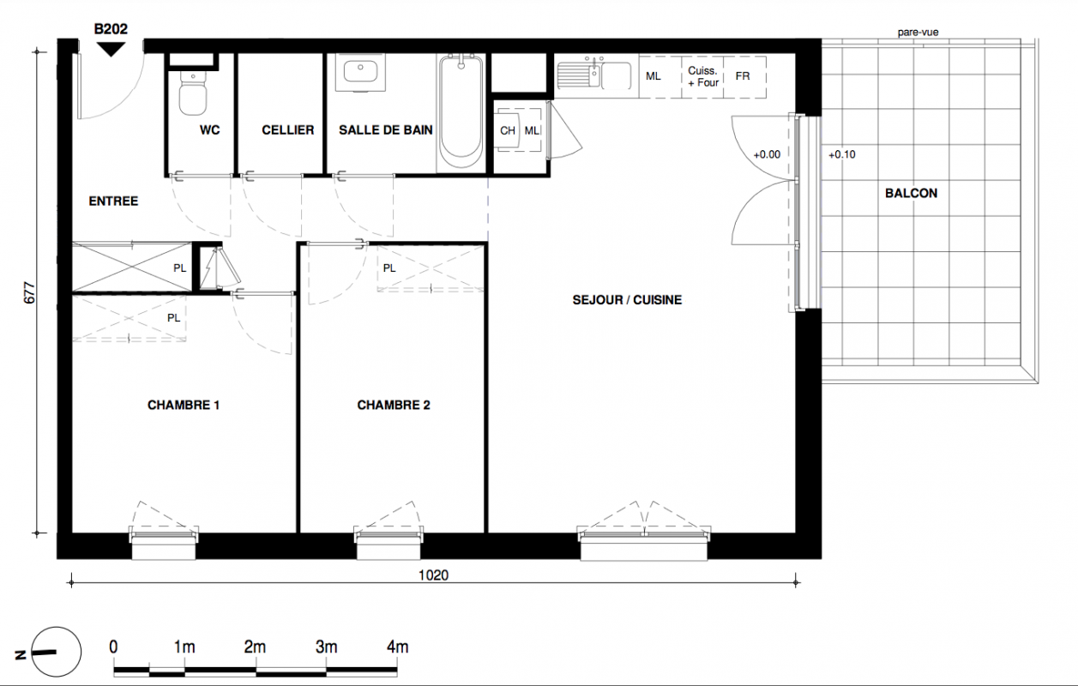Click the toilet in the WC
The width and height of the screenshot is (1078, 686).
tap(193, 93)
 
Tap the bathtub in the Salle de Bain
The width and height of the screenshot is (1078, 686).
tap(461, 111)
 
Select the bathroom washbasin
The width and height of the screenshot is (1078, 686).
tap(360, 72)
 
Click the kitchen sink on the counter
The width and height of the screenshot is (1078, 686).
tap(594, 75)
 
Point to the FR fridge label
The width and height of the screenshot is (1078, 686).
tap(743, 76)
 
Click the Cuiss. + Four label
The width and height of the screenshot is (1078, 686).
tap(702, 76)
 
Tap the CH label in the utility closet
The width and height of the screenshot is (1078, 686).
tap(507, 130)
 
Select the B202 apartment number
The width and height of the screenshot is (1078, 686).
tap(111, 29)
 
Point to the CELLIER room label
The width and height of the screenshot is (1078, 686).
tap(288, 129)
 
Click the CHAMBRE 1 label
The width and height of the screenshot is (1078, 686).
tap(184, 405)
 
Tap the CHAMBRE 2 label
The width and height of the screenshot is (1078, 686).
tap(394, 405)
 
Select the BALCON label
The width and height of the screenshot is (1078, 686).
tap(911, 194)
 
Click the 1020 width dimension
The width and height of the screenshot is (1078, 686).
tap(433, 575)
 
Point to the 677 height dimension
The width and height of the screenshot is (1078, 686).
tap(30, 292)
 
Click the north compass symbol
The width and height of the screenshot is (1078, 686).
tap(57, 652)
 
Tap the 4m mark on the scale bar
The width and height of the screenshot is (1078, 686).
tap(398, 647)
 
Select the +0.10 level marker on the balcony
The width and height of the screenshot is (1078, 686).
tap(841, 155)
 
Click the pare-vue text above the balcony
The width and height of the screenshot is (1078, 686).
tap(918, 33)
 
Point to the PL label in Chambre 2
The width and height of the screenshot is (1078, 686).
tap(389, 268)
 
